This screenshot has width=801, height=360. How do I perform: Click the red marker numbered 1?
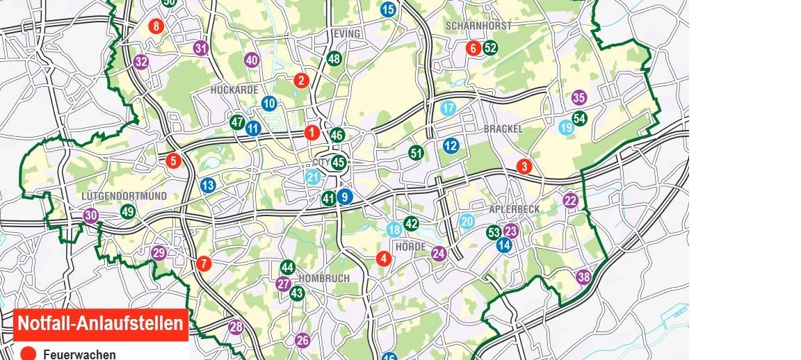(x=311, y=132)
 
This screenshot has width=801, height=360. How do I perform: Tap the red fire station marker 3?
(x=524, y=167)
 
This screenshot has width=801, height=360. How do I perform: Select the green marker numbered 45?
(x=339, y=163)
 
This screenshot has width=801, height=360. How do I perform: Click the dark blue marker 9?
(x=345, y=197)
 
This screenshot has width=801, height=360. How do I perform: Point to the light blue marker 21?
(x=313, y=177)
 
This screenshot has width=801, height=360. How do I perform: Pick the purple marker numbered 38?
(x=583, y=277)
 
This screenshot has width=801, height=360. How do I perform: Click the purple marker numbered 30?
(x=90, y=215)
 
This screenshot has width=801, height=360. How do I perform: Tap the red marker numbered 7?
(x=203, y=263)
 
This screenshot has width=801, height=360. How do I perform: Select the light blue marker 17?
(x=448, y=108)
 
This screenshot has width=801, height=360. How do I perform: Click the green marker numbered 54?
(x=579, y=118)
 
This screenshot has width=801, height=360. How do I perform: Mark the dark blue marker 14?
(x=504, y=245)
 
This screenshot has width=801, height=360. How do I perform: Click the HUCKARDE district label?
(x=234, y=90)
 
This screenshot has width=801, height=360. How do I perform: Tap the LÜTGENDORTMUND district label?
(x=124, y=196)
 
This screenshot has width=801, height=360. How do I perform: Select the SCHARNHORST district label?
(x=478, y=26)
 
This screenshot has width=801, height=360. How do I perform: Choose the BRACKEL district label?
(x=503, y=129)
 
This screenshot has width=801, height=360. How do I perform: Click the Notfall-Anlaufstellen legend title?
(x=101, y=324)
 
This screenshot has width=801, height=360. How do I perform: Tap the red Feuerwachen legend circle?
(x=28, y=354)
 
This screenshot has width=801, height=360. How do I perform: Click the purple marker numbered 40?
(x=252, y=60)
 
